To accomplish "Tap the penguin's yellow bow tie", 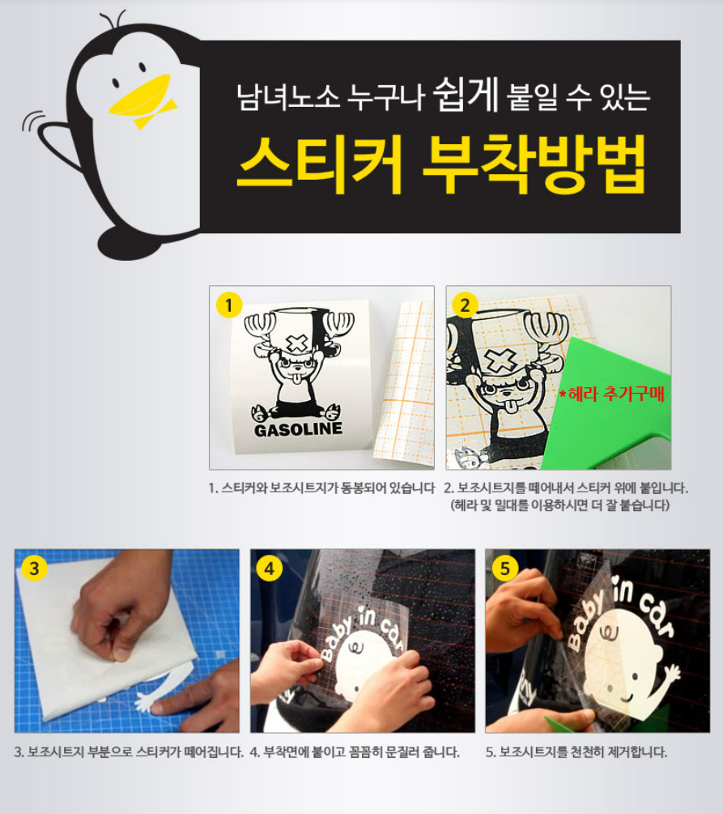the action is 154,115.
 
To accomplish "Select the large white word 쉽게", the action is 466,94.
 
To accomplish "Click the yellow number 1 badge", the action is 229,305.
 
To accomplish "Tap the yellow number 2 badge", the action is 465,305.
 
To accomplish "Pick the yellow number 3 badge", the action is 34,568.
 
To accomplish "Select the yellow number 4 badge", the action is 269,569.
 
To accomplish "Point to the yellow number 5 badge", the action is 504,569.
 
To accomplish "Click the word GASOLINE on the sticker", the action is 299,429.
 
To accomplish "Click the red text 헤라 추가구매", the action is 612,394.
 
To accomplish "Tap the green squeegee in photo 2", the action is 607,410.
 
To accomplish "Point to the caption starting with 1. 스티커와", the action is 321,488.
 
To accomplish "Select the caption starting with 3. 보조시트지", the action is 128,752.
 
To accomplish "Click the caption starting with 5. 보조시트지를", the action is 576,752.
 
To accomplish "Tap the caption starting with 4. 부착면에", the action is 355,752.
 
